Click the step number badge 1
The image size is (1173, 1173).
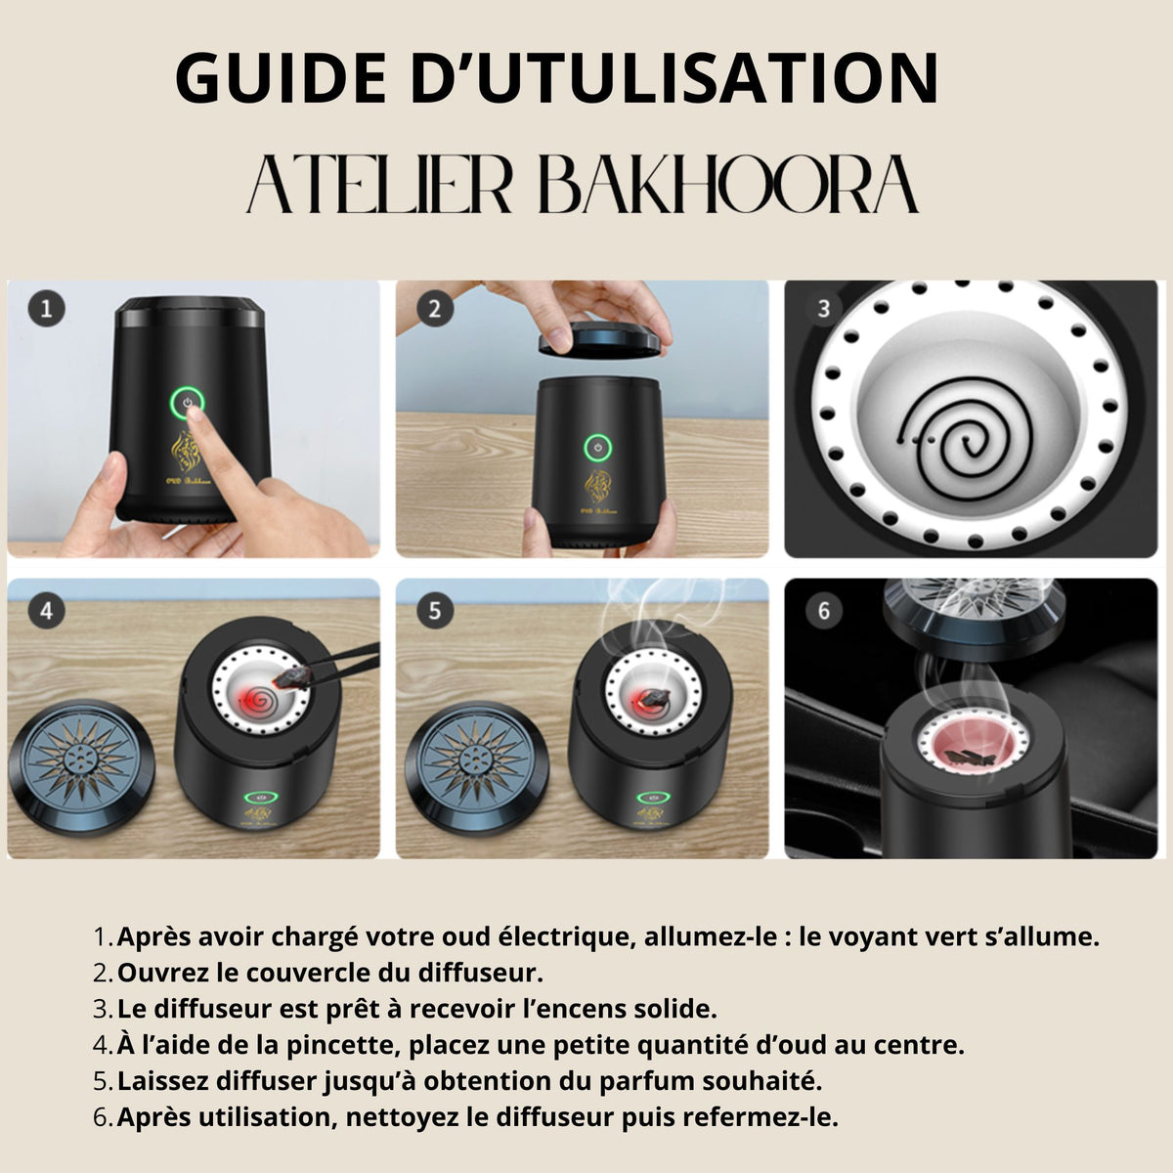45,310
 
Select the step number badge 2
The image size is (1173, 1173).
434,310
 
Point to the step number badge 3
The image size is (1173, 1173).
823,309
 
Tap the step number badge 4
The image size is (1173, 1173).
45,611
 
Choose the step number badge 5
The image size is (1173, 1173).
434,611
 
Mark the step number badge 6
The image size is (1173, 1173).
823,611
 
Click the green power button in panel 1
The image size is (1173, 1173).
186,401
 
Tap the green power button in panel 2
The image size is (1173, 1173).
594,448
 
